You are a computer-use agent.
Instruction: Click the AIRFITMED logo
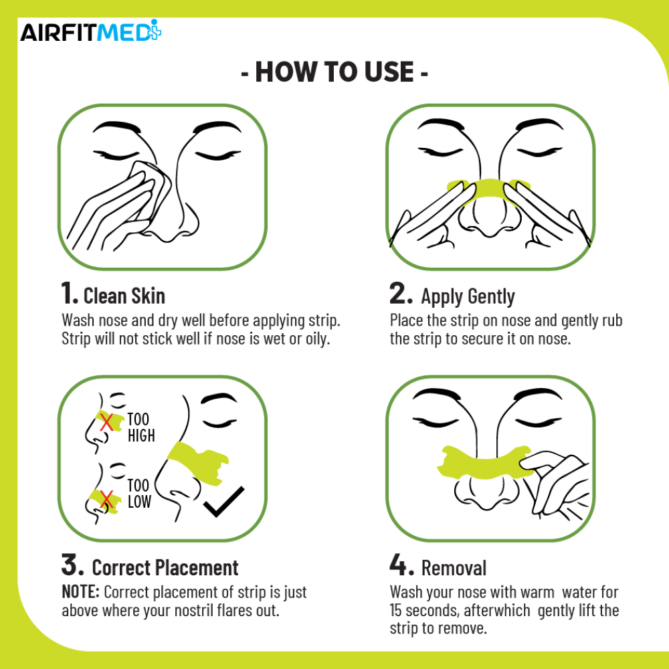90,32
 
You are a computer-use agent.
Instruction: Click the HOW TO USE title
334,72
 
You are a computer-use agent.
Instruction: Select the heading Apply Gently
468,296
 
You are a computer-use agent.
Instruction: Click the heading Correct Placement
165,568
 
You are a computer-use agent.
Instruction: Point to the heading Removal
454,568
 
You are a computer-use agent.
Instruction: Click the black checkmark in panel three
223,503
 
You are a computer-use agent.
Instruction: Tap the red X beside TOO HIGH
105,421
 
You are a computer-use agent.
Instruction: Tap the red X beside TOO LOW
104,498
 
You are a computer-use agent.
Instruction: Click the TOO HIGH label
140,427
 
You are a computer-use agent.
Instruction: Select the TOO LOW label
139,493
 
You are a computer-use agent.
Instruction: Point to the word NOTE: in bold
81,592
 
